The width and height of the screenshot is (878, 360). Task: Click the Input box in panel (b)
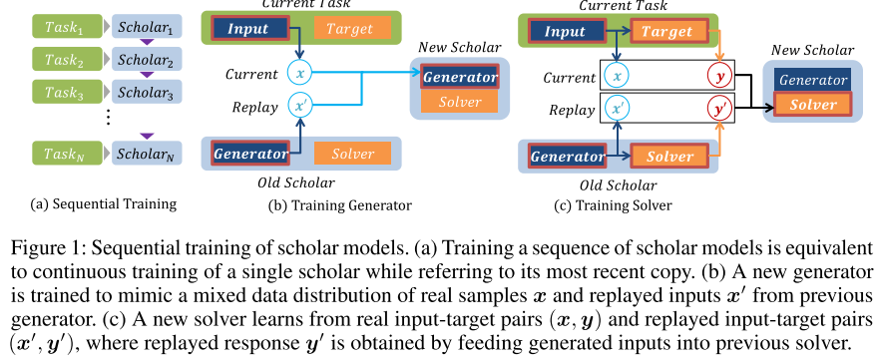(x=247, y=29)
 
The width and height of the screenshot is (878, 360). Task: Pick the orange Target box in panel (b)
(x=344, y=29)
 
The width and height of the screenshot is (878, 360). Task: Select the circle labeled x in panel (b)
(x=300, y=73)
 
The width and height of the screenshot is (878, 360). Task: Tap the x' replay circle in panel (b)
(x=300, y=103)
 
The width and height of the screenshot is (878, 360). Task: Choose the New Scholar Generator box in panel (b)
(x=459, y=77)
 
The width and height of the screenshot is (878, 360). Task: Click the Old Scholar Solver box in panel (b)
(x=345, y=154)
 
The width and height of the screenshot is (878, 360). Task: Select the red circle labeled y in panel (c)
(x=718, y=76)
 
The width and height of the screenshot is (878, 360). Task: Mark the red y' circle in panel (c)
(x=718, y=107)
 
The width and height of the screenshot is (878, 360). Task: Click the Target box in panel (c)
(x=666, y=32)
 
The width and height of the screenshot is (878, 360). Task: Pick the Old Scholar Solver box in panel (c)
(x=669, y=157)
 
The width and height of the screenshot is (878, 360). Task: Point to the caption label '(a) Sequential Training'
(x=103, y=204)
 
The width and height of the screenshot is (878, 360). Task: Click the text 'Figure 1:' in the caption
(x=40, y=246)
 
